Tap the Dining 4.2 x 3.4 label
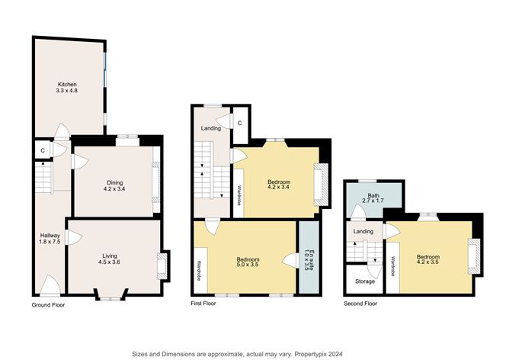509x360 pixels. click(x=114, y=185)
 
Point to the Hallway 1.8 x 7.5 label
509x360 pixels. click(x=50, y=239)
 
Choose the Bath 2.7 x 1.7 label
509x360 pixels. click(x=373, y=199)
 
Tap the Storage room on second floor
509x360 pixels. click(x=364, y=281)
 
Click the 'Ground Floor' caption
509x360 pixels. click(x=48, y=305)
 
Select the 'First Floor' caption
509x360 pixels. click(x=203, y=304)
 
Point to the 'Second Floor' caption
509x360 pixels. click(x=360, y=304)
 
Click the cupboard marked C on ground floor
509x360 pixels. click(x=42, y=151)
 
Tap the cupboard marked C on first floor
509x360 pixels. click(x=239, y=123)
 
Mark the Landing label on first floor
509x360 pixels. click(x=211, y=128)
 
